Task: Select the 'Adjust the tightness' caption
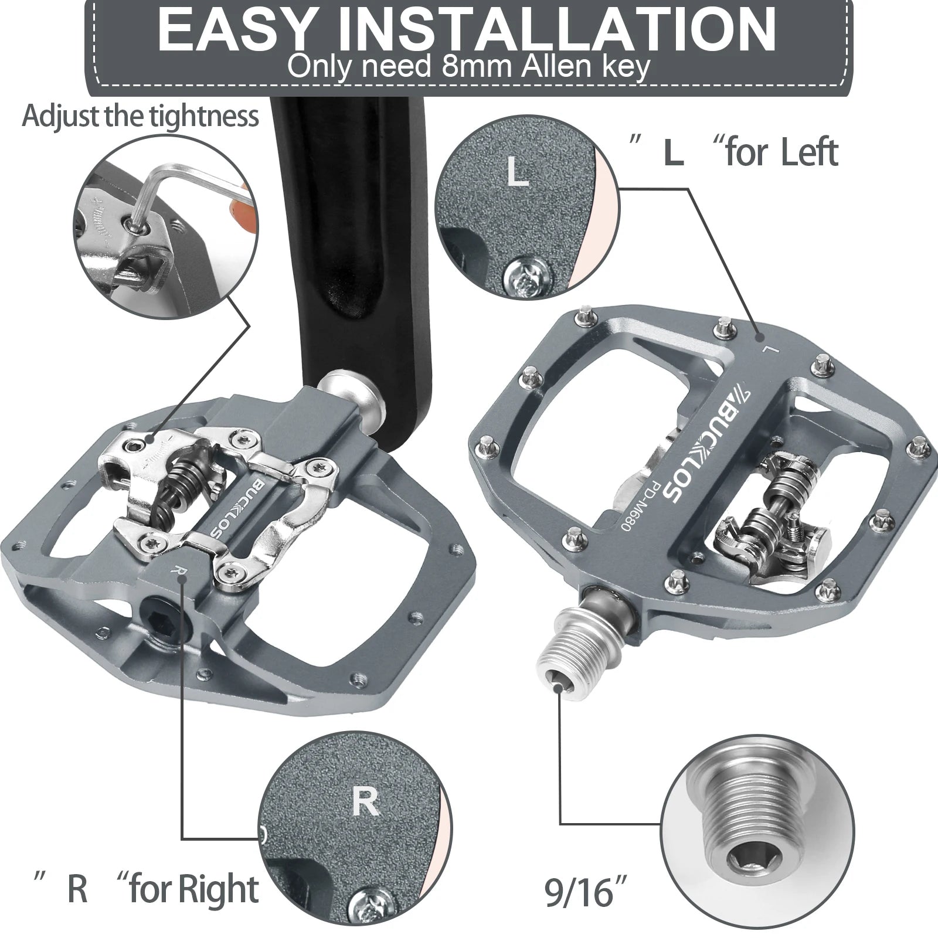tap(140, 115)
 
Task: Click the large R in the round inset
tap(366, 801)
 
